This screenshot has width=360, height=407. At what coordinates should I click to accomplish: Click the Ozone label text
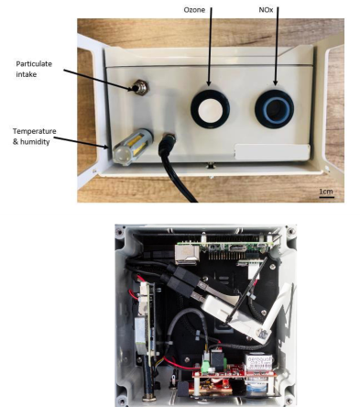tap(194, 10)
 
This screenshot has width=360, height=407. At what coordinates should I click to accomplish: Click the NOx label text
tap(266, 10)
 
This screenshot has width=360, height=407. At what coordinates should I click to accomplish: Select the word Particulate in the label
tap(34, 64)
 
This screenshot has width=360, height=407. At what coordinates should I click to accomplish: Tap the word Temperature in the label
tap(35, 131)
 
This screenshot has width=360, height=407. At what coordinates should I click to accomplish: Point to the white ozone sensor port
tap(210, 109)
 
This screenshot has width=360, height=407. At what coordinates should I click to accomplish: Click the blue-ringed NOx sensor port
tap(274, 109)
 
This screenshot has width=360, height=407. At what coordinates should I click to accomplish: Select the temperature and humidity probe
tap(133, 147)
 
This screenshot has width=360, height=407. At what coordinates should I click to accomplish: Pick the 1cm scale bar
tap(326, 197)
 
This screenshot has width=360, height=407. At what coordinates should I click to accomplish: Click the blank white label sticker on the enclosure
tap(272, 152)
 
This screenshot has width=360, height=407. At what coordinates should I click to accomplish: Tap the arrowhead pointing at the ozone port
tap(209, 82)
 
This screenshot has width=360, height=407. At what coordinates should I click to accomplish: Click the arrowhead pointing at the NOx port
tap(275, 82)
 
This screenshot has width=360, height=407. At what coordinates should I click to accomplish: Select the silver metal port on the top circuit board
tap(187, 255)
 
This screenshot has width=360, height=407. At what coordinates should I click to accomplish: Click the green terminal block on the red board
tap(206, 366)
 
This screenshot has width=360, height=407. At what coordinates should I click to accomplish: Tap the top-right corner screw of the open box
tap(289, 231)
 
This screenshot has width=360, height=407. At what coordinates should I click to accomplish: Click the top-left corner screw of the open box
tap(120, 232)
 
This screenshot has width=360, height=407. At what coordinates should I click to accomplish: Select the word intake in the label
tap(27, 74)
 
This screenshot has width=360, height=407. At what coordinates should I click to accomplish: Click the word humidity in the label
tap(35, 142)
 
